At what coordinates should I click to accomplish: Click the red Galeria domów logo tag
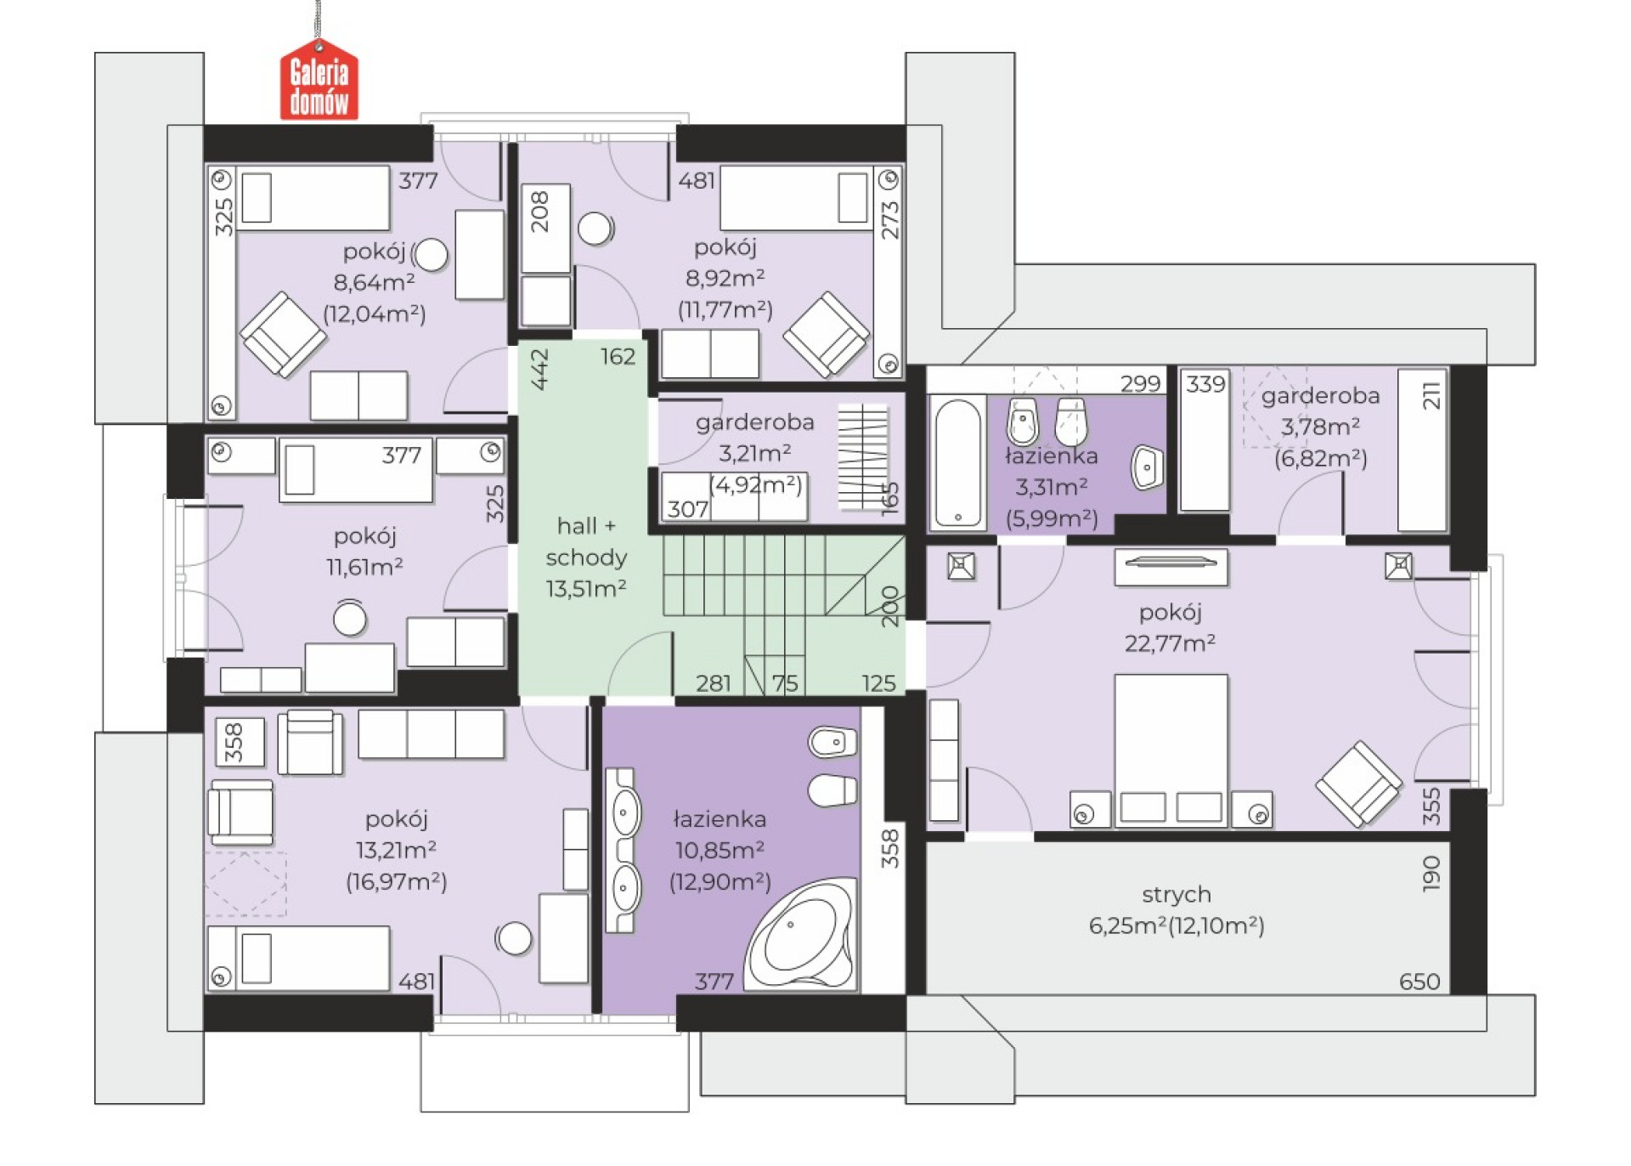click(x=319, y=81)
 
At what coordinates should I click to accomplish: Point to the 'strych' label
click(x=1177, y=894)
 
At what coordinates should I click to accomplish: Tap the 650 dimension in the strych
click(x=1419, y=982)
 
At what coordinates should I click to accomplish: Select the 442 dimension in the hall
click(x=539, y=369)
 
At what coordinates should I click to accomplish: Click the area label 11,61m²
click(x=364, y=567)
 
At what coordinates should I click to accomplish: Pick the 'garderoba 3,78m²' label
click(x=1320, y=410)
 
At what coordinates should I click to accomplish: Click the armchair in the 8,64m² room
click(x=283, y=335)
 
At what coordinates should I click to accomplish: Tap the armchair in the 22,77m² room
click(x=1358, y=783)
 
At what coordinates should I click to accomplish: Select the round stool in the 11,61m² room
click(x=349, y=618)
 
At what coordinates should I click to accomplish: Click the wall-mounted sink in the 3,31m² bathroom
click(x=1147, y=467)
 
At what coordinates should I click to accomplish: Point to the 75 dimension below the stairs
click(x=785, y=683)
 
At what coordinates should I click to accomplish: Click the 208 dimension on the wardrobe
click(x=540, y=212)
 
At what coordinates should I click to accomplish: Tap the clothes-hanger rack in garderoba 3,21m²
click(x=863, y=457)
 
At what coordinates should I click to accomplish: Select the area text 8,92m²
click(x=725, y=278)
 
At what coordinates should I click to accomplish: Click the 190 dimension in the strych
click(x=1431, y=873)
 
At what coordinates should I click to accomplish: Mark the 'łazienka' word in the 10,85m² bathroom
click(x=720, y=819)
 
